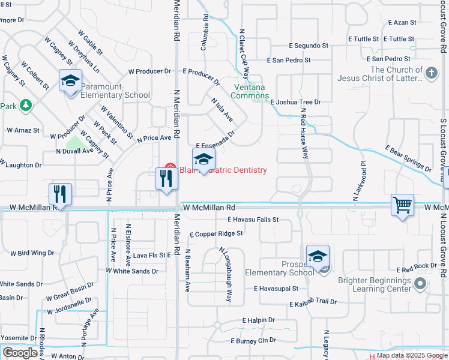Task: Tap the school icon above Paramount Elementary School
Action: click(x=70, y=81)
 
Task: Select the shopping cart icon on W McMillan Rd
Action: click(x=402, y=205)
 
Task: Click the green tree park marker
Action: click(x=25, y=106)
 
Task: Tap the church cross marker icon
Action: click(x=430, y=74)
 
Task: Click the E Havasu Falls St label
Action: click(x=253, y=220)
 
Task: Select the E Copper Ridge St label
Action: click(x=216, y=233)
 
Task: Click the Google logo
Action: click(x=20, y=352)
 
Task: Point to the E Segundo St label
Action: click(x=309, y=46)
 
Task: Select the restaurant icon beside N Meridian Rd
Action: click(x=165, y=178)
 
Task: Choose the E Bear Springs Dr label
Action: click(x=408, y=158)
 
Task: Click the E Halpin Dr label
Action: click(x=258, y=321)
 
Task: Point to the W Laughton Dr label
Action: click(x=20, y=164)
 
